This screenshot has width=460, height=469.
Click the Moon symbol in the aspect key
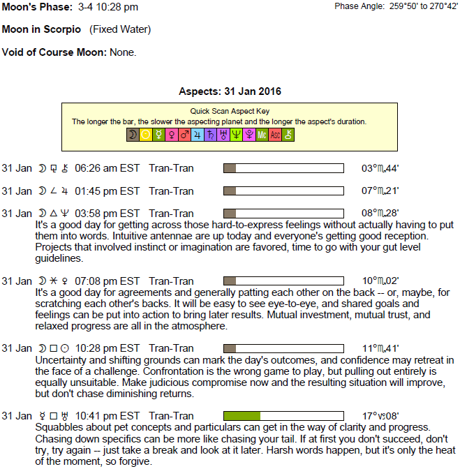133,135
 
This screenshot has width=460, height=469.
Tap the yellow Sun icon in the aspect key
145,135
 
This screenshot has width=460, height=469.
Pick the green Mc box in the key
262,135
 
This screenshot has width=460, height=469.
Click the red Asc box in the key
275,135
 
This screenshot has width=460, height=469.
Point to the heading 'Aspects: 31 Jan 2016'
230,91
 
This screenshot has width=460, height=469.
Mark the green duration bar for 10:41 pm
242,416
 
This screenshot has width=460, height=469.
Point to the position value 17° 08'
380,416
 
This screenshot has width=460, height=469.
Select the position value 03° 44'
380,168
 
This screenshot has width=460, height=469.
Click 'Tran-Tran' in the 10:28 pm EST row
171,348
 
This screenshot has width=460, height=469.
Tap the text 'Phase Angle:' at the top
359,6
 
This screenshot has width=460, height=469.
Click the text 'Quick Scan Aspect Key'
230,111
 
